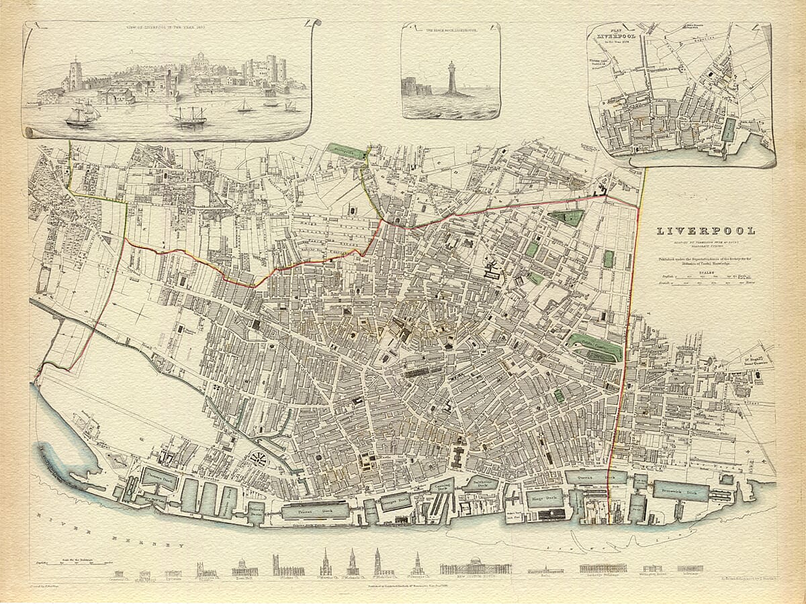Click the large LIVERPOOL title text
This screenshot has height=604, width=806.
(705, 231)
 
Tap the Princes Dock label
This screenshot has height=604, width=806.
(315, 511)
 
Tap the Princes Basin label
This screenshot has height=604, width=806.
(256, 512)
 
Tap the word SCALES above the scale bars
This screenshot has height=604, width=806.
(705, 271)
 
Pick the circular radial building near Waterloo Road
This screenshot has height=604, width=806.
(258, 459)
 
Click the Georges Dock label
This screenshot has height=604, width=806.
(396, 500)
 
